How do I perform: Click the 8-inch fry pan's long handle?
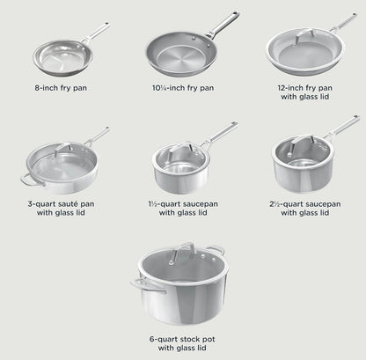(95, 33)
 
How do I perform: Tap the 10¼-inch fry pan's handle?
(223, 25)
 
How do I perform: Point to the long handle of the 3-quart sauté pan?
(97, 136)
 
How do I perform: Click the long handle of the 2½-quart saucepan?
(342, 127)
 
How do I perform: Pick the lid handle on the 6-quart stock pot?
(182, 251)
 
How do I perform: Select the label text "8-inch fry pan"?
(61, 88)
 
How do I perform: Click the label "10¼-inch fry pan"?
(183, 88)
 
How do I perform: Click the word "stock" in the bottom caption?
(190, 339)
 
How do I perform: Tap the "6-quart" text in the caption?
(163, 340)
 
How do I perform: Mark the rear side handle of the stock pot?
(216, 250)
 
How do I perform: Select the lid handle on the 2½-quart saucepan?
(302, 143)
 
